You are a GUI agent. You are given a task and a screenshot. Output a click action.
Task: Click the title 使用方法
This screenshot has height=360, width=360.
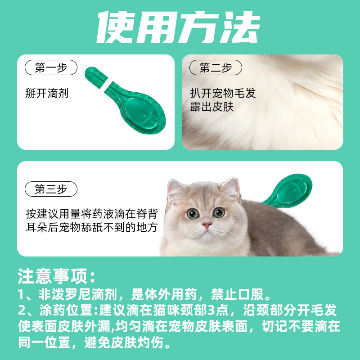(x=179, y=27)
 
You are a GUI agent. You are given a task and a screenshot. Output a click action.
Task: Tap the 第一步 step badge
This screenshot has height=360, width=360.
(x=51, y=67)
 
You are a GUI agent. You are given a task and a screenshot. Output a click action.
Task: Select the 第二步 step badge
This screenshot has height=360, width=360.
(x=216, y=67)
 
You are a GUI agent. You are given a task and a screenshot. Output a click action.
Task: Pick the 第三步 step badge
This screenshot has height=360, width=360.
(x=51, y=189)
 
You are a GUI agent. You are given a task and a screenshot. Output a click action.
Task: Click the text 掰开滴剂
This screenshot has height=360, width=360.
(x=47, y=93)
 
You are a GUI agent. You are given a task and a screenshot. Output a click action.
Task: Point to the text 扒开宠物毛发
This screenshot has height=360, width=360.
(x=223, y=93)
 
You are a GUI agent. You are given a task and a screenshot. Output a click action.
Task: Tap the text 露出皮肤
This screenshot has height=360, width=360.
(x=211, y=107)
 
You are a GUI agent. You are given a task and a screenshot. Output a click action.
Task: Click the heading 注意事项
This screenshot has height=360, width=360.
(x=56, y=276)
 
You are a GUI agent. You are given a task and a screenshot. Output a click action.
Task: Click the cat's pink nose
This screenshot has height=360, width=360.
(x=207, y=225)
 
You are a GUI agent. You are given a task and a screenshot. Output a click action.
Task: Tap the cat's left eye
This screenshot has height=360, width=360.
(x=193, y=213)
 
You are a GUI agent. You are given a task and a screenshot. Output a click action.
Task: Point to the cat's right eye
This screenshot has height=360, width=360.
(x=219, y=212)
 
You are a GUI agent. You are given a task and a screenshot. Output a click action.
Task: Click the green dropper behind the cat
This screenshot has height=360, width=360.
(x=290, y=190)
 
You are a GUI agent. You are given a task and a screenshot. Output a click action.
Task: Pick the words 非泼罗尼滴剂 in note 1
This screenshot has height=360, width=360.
(x=78, y=294)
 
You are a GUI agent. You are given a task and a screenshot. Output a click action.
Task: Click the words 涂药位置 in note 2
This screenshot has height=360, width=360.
(x=66, y=310)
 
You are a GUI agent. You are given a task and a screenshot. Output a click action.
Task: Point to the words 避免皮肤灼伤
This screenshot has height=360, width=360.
(x=124, y=342)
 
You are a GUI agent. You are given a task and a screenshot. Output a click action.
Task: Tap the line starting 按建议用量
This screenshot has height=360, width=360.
(x=92, y=214)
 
